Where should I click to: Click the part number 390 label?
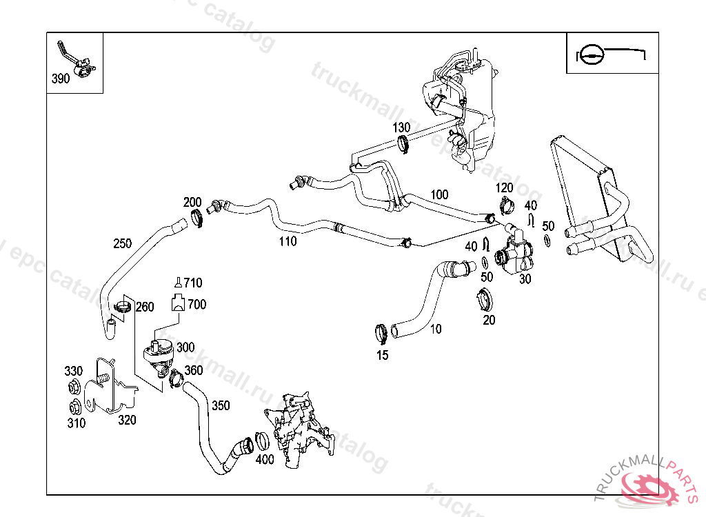click(61, 79)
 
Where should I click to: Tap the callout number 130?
click(402, 128)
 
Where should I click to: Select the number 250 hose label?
click(122, 243)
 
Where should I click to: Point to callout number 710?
click(192, 283)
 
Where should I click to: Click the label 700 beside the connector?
click(196, 304)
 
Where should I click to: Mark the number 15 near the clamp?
click(382, 356)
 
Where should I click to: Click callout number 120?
click(505, 188)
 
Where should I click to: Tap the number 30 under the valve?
click(525, 278)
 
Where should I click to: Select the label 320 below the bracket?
click(126, 419)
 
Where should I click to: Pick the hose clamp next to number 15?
click(380, 334)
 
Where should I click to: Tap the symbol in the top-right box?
click(607, 53)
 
